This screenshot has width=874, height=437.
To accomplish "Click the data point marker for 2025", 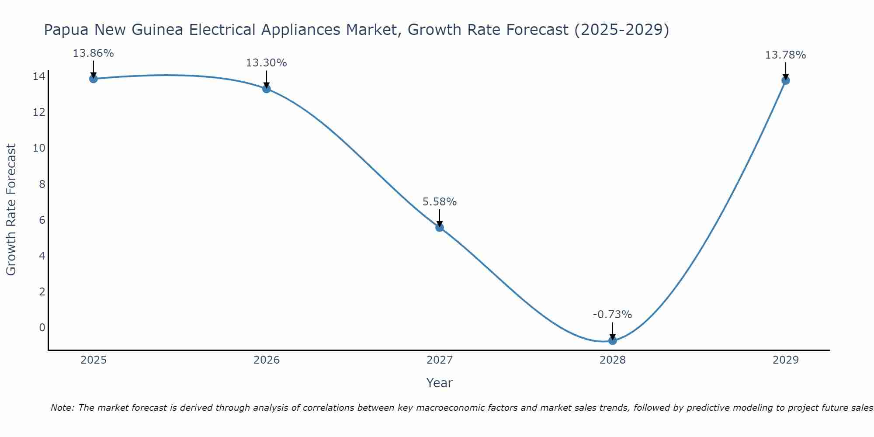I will click(x=94, y=79).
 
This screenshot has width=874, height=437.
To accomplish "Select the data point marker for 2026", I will click(x=267, y=89).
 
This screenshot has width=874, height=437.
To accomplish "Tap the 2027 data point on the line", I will click(x=440, y=227).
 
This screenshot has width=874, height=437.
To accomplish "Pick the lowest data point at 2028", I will click(x=613, y=340).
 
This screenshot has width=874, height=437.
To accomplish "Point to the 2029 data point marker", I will click(x=786, y=80).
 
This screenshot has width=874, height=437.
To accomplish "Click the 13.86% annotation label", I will click(x=93, y=53).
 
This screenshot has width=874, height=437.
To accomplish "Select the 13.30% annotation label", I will click(x=266, y=63).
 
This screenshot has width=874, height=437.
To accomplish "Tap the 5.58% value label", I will click(x=439, y=202).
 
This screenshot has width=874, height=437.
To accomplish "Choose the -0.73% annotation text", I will click(x=612, y=315).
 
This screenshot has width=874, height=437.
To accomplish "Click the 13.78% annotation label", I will click(x=785, y=55).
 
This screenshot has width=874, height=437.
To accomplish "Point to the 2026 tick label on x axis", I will click(x=267, y=360).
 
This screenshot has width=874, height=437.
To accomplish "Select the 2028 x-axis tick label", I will click(x=613, y=360).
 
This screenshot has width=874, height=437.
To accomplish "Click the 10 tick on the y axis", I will click(x=39, y=148).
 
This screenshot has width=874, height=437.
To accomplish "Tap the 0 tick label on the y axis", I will click(x=42, y=327).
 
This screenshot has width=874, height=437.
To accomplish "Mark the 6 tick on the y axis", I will click(x=42, y=220).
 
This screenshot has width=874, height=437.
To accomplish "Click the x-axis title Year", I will click(x=439, y=383).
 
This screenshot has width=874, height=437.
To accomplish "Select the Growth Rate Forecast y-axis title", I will click(x=11, y=209).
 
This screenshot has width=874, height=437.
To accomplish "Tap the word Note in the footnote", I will click(x=62, y=408).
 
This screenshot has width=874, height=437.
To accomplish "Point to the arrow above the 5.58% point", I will click(x=440, y=217).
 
